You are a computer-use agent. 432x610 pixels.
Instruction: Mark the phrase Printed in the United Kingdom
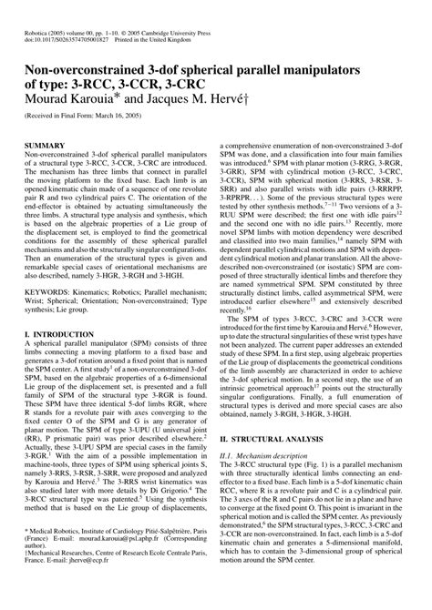pyautogui.click(x=178, y=26)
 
